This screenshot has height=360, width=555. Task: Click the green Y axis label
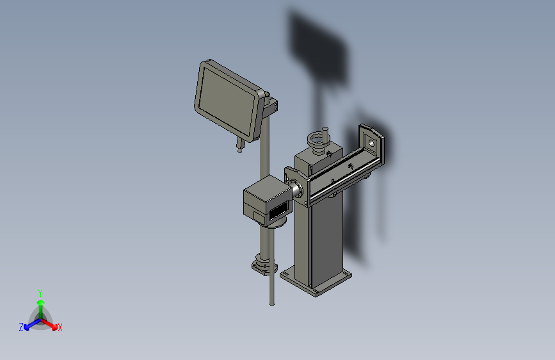[x=40, y=292]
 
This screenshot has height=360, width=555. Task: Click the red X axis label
[x=60, y=327]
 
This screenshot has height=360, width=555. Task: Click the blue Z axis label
[x=21, y=327]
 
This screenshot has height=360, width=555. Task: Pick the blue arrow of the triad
[x=29, y=325]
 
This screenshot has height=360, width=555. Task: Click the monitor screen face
[x=227, y=99]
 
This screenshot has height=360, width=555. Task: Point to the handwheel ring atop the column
[x=318, y=139]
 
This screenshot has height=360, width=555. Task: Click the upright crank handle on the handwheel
[x=326, y=133]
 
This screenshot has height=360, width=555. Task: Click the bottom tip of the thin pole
[x=272, y=303]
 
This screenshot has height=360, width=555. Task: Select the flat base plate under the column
[x=317, y=282]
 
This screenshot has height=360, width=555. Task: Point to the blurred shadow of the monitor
[x=318, y=45]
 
